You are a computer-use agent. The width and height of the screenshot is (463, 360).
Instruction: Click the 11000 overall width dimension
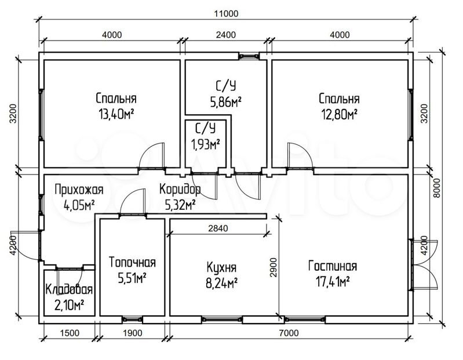pyautogui.click(x=226, y=13)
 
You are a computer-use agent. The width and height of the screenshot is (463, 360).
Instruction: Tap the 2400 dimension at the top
pyautogui.click(x=226, y=35)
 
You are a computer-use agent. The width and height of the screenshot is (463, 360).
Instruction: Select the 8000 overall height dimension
pyautogui.click(x=437, y=188)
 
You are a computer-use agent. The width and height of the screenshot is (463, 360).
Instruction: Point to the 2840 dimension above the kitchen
pyautogui.click(x=218, y=228)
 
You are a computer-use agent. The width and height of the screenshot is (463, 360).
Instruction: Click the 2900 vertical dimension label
pyautogui.click(x=274, y=267)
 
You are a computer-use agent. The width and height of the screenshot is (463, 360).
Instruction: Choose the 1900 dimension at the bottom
pyautogui.click(x=132, y=333)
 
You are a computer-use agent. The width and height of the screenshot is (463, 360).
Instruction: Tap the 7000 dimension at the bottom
pyautogui.click(x=289, y=333)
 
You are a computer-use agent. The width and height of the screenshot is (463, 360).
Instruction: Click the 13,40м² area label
pyautogui.click(x=116, y=114)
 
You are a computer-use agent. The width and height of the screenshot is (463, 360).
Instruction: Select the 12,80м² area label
pyautogui.click(x=339, y=114)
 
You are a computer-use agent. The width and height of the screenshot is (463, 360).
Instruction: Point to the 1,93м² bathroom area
pyautogui.click(x=206, y=145)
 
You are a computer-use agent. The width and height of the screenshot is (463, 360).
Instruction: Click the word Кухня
pyautogui.click(x=221, y=268)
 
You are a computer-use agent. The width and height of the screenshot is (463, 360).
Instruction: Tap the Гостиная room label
pyautogui.click(x=333, y=266)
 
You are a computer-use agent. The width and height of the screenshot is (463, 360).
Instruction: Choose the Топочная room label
pyautogui.click(x=132, y=262)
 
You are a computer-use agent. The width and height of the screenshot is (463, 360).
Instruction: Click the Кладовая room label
pyautogui.click(x=69, y=290)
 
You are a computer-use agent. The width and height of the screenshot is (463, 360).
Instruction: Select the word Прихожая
pyautogui.click(x=79, y=190)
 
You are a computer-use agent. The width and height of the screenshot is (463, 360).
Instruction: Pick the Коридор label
pyautogui.click(x=180, y=190)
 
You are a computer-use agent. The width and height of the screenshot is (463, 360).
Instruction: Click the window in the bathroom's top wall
pyautogui.click(x=249, y=56)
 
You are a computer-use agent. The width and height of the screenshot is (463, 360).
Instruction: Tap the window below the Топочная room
pyautogui.click(x=132, y=319)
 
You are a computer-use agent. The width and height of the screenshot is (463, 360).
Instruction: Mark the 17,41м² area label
pyautogui.click(x=333, y=282)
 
